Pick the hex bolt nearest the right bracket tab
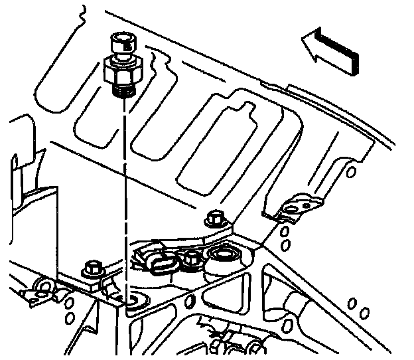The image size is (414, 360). [x=214, y=218]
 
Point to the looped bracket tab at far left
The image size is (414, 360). [x=38, y=289]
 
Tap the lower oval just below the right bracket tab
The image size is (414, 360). [x=286, y=245]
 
